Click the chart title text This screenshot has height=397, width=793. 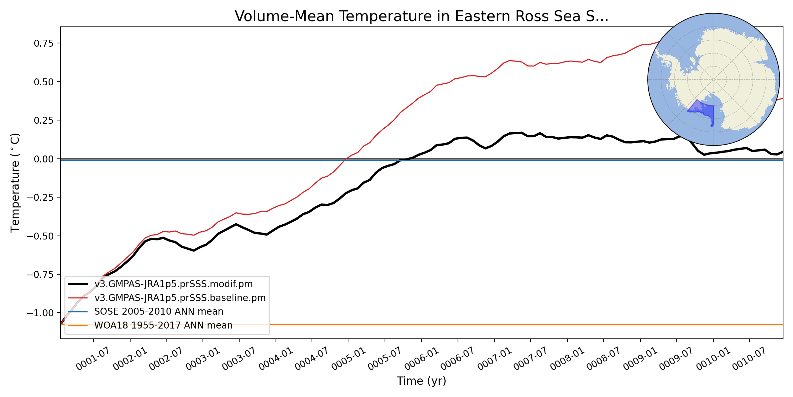coord(421,17)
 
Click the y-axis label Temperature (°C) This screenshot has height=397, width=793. coord(15,183)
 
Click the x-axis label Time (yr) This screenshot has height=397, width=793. coord(421,381)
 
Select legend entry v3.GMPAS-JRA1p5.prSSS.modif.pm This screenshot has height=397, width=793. coord(173,284)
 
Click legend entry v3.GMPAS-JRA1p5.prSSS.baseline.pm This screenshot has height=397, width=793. coord(180,298)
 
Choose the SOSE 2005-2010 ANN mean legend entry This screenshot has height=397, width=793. coord(159,312)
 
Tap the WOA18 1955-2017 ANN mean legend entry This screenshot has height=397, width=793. coord(163,326)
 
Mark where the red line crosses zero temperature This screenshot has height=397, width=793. coord(345,159)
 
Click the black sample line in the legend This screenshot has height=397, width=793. coord(78,284)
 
